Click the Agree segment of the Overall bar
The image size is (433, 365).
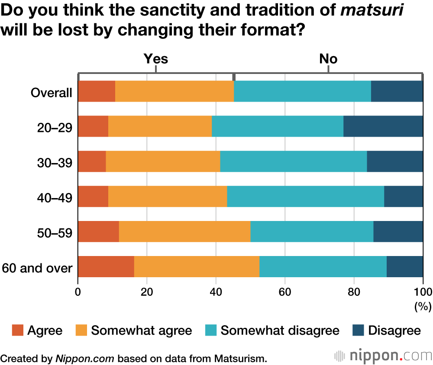pos(97,91)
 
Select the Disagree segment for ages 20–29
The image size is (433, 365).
pos(383,126)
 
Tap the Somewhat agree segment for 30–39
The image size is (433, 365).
pos(163,161)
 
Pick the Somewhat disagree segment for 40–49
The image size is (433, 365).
pos(305,196)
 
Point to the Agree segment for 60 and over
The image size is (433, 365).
pos(106,266)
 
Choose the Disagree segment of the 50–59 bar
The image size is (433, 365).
pos(398,231)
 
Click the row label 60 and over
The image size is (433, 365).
pos(37,268)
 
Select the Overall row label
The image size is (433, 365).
pos(51,93)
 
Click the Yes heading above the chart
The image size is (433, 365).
pos(155,58)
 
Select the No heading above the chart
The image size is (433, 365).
pos(328,58)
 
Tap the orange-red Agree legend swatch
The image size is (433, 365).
pos(17,331)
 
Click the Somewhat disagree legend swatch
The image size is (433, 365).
pos(211,331)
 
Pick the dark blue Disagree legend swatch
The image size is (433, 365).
pos(358,331)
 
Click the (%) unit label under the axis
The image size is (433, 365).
pos(423,307)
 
